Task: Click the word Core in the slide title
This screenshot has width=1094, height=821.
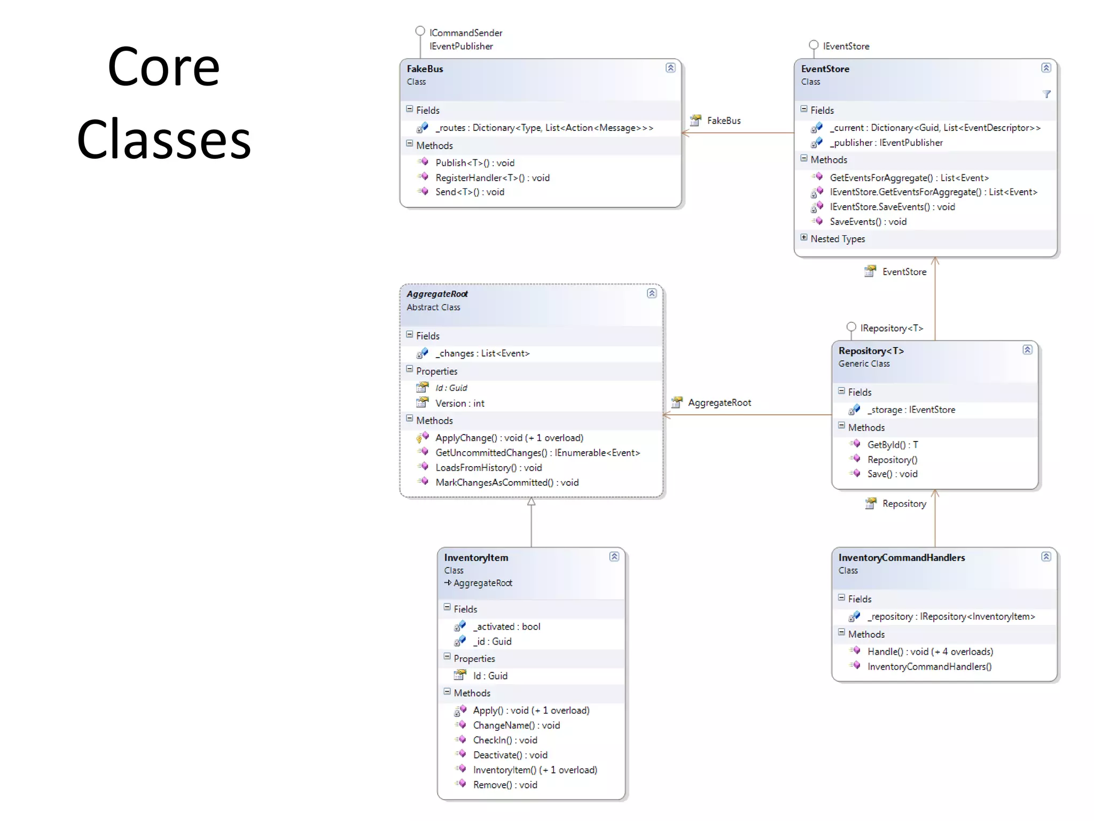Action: pyautogui.click(x=163, y=67)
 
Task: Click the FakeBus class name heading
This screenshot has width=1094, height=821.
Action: pyautogui.click(x=425, y=69)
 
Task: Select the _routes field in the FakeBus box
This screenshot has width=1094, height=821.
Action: pyautogui.click(x=544, y=128)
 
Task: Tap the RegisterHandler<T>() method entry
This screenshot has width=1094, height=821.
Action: pyautogui.click(x=492, y=177)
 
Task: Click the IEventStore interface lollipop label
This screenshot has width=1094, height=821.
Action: pyautogui.click(x=846, y=47)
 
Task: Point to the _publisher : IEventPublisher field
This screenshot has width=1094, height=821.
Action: pyautogui.click(x=886, y=143)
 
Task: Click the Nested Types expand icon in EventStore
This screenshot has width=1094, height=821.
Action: pyautogui.click(x=804, y=237)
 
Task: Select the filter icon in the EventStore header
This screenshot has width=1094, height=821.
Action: pyautogui.click(x=1046, y=94)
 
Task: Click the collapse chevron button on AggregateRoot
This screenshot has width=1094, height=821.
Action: pyautogui.click(x=652, y=293)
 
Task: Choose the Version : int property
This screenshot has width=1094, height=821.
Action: pyautogui.click(x=459, y=404)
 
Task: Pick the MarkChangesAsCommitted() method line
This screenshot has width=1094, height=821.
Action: pyautogui.click(x=506, y=483)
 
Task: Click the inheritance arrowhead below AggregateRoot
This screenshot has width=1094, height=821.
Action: pyautogui.click(x=531, y=501)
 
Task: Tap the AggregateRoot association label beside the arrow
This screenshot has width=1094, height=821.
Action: pyautogui.click(x=719, y=402)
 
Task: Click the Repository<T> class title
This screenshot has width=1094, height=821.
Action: pyautogui.click(x=871, y=351)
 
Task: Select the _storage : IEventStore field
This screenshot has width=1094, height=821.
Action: pyautogui.click(x=911, y=410)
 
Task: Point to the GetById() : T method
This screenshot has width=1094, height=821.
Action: pyautogui.click(x=892, y=445)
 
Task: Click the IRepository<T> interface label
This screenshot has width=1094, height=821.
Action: pyautogui.click(x=891, y=328)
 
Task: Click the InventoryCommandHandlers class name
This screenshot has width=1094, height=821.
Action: pyautogui.click(x=901, y=557)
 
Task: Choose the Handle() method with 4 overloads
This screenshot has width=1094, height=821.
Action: pyautogui.click(x=929, y=652)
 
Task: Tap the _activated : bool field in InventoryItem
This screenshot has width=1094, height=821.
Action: pyautogui.click(x=506, y=626)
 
